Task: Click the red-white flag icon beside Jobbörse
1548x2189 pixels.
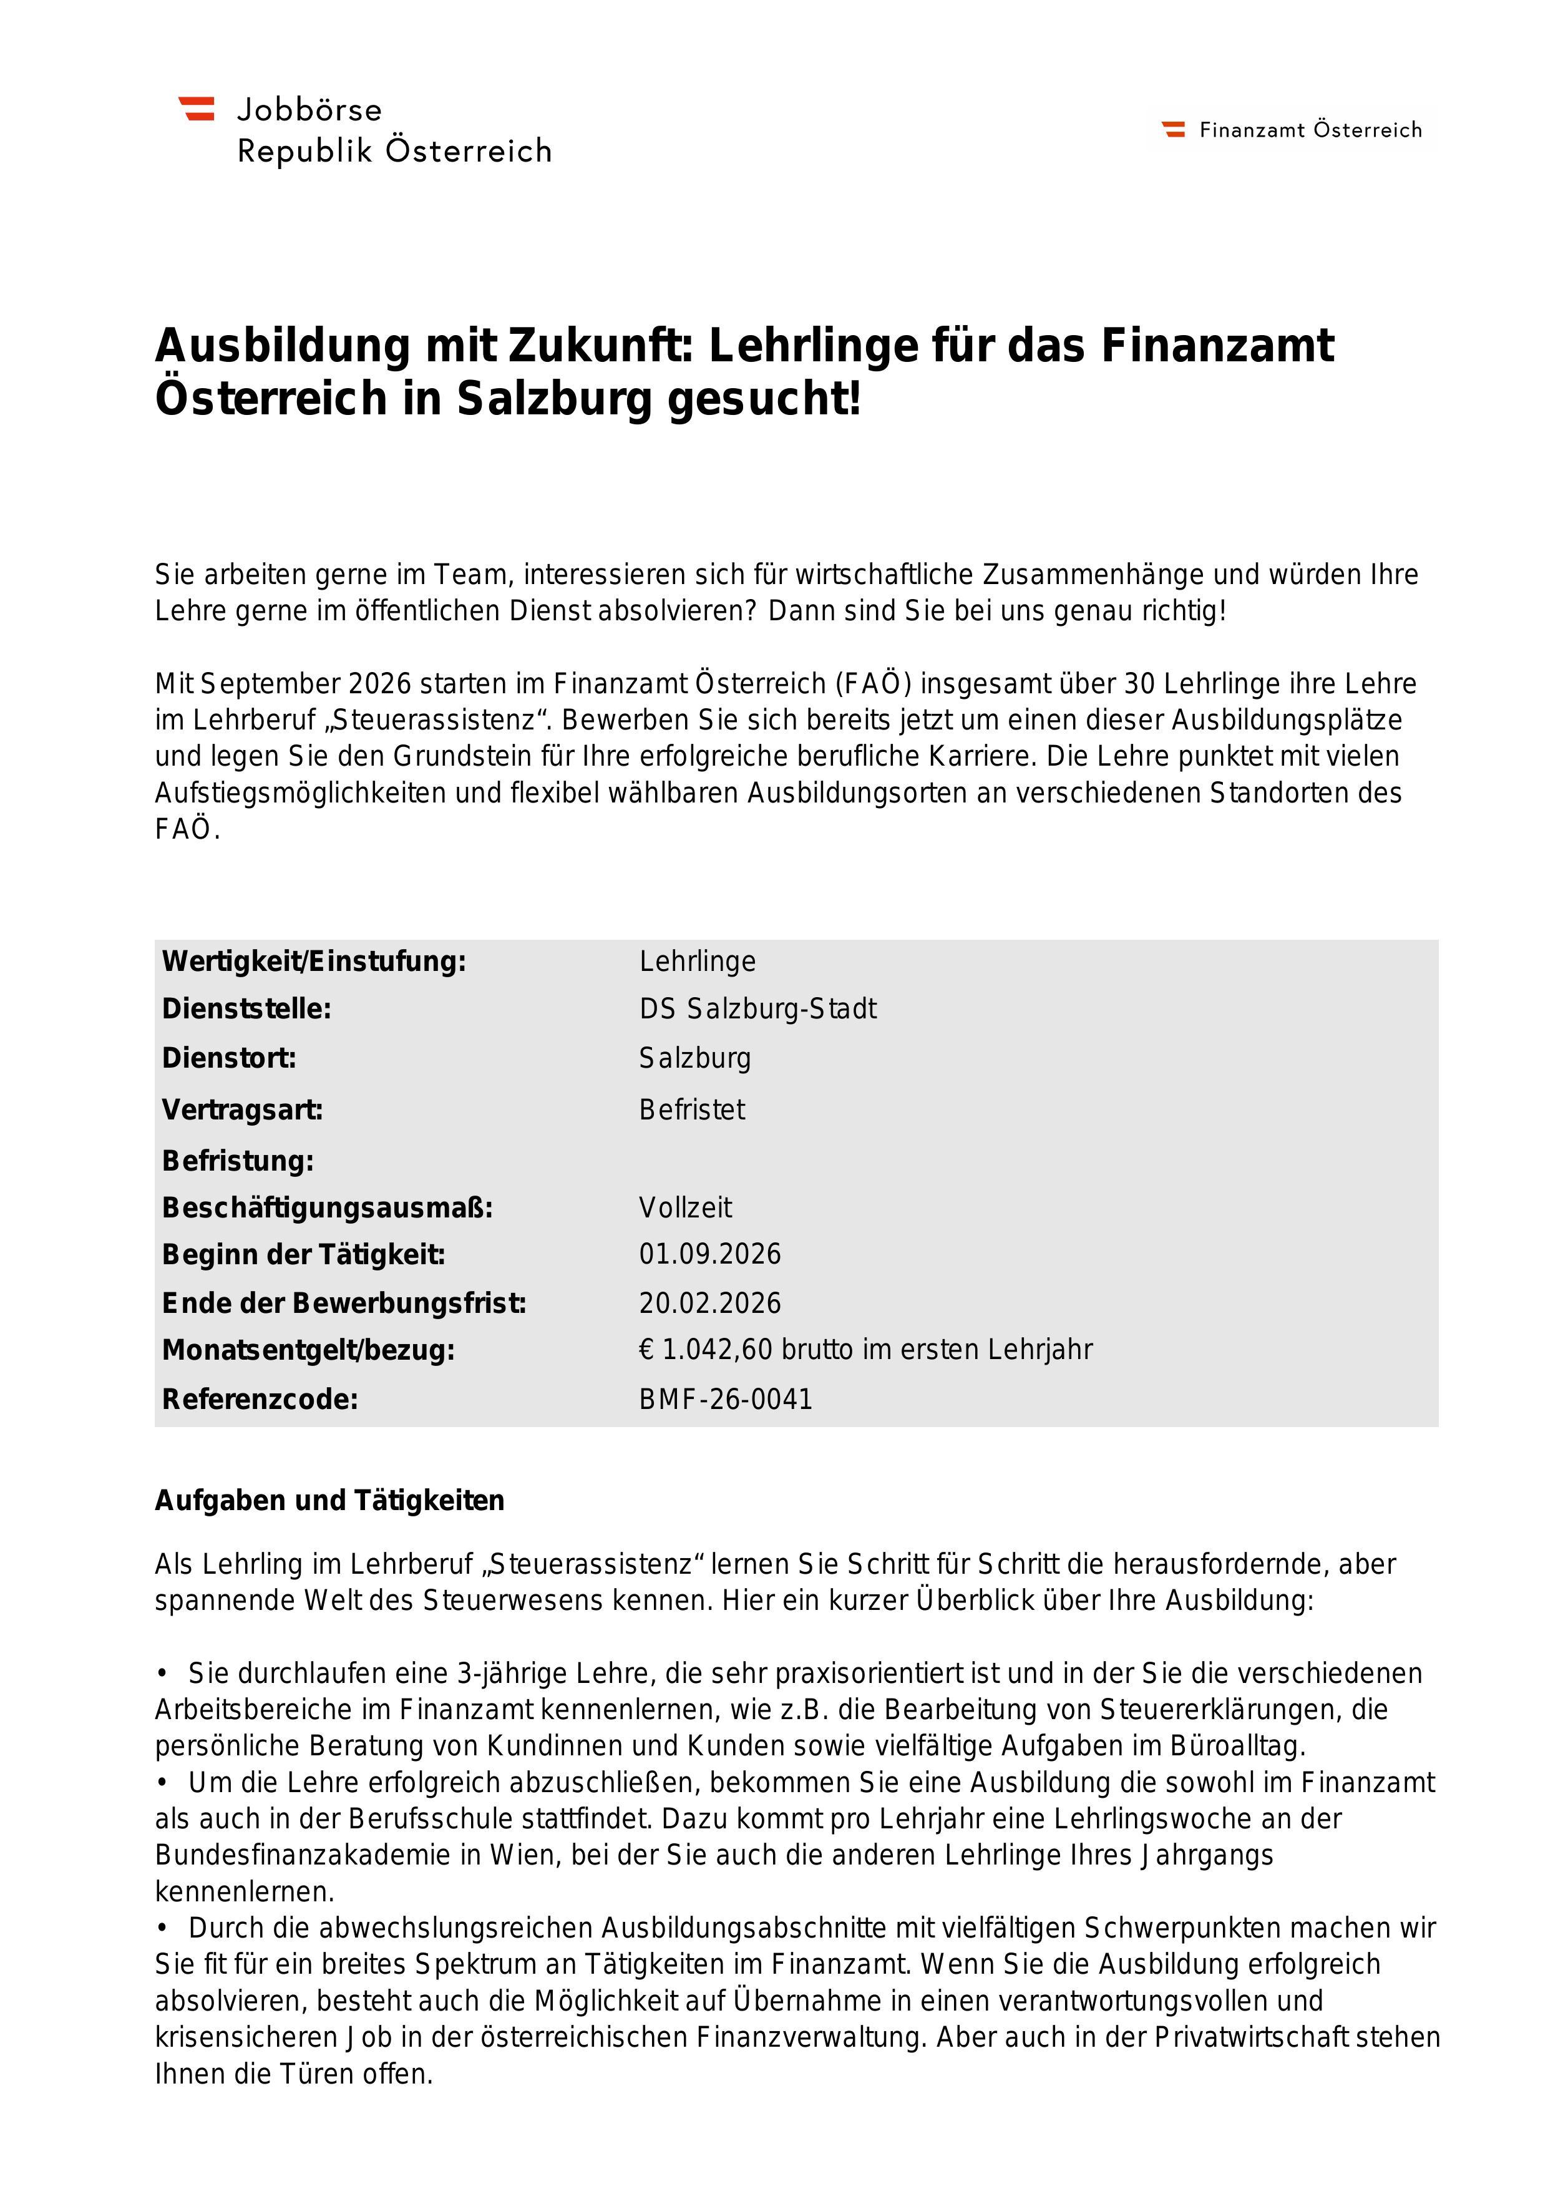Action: pyautogui.click(x=197, y=109)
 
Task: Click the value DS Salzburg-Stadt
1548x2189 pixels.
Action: pyautogui.click(x=758, y=1008)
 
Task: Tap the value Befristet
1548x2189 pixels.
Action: pyautogui.click(x=692, y=1109)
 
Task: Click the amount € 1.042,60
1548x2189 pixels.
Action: pyautogui.click(x=706, y=1349)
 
